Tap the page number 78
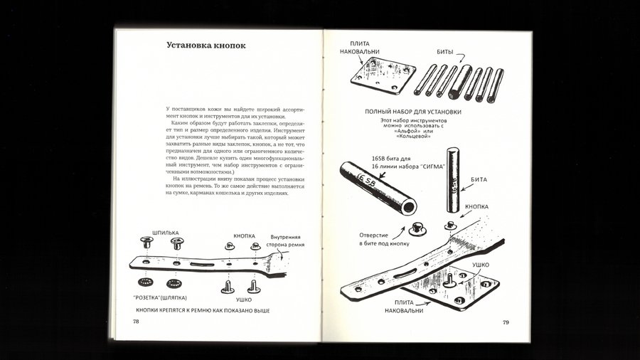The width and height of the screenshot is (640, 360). tap(136, 321)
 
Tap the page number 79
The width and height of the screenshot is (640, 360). tap(506, 322)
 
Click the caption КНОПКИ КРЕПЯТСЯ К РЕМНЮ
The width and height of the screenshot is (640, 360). tap(203, 312)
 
